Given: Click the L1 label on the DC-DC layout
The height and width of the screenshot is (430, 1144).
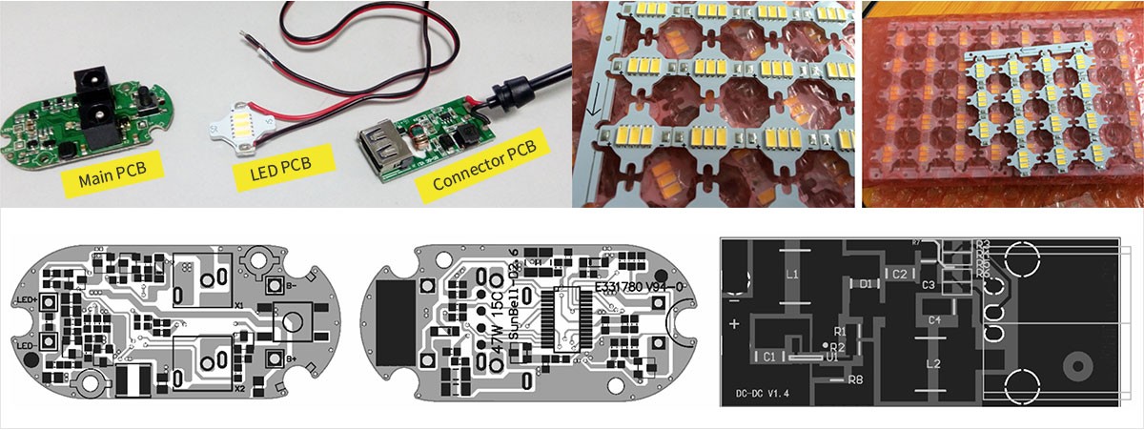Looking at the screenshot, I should pos(791,273).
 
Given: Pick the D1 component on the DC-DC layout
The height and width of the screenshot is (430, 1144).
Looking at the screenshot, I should pos(865,283).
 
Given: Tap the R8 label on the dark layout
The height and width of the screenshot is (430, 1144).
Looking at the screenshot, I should pos(856,380).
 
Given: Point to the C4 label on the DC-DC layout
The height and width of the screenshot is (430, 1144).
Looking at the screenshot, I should pos(934,320).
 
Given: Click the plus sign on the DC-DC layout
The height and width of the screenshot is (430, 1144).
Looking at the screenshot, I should pos(734,324).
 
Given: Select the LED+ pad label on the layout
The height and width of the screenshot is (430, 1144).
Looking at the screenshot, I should pos(26,300).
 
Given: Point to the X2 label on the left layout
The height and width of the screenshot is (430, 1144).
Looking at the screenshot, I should pos(239,389).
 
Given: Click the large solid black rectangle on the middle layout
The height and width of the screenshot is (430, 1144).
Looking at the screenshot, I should pos(396,322).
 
